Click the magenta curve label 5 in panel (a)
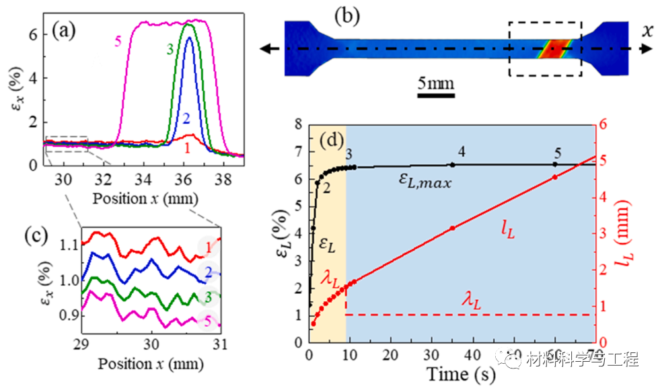click(x=118, y=42)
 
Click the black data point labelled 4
click(x=453, y=165)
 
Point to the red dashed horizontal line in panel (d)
click(x=471, y=315)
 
